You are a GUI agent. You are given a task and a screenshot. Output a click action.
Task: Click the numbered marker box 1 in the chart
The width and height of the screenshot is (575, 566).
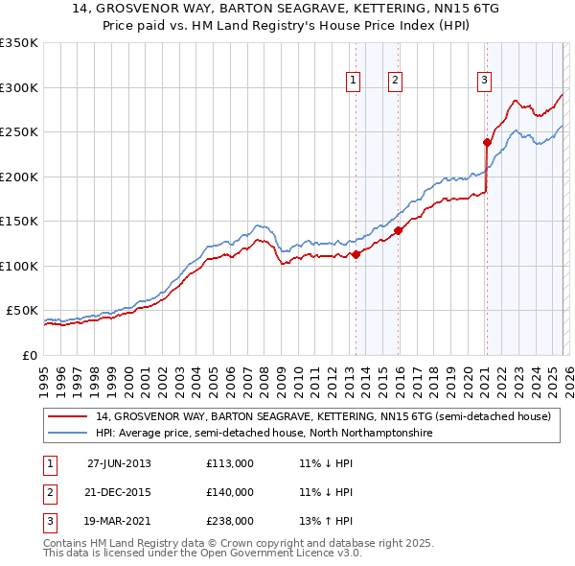pyautogui.click(x=354, y=82)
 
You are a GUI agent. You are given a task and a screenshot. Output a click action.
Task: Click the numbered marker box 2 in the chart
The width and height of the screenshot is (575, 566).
pyautogui.click(x=395, y=82)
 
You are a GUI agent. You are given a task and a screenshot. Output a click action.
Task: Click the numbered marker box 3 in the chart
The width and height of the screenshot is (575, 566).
pyautogui.click(x=485, y=82)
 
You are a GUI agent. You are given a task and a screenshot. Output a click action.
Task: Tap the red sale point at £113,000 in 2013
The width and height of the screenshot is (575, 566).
pyautogui.click(x=356, y=254)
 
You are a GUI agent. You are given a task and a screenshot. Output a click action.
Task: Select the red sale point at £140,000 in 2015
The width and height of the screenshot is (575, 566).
pyautogui.click(x=398, y=230)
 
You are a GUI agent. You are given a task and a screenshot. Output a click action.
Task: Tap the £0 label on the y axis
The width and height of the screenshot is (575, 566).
pyautogui.click(x=29, y=355)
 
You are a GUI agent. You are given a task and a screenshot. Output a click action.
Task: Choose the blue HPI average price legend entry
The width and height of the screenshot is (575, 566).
pyautogui.click(x=264, y=434)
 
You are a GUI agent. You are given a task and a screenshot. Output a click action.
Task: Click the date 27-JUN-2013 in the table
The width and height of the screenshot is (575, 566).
pyautogui.click(x=119, y=463)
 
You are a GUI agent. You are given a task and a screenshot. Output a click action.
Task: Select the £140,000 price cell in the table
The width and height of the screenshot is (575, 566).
pyautogui.click(x=230, y=492)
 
